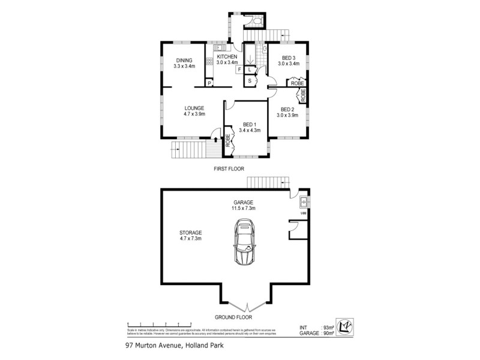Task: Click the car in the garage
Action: [x=245, y=242]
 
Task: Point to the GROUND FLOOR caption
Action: [x=233, y=317]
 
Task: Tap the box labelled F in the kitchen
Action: [x=239, y=70]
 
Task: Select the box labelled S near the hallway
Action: [x=250, y=80]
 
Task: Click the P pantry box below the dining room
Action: [x=209, y=83]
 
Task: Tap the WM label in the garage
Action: [x=303, y=213]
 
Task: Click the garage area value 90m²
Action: [x=328, y=333]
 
